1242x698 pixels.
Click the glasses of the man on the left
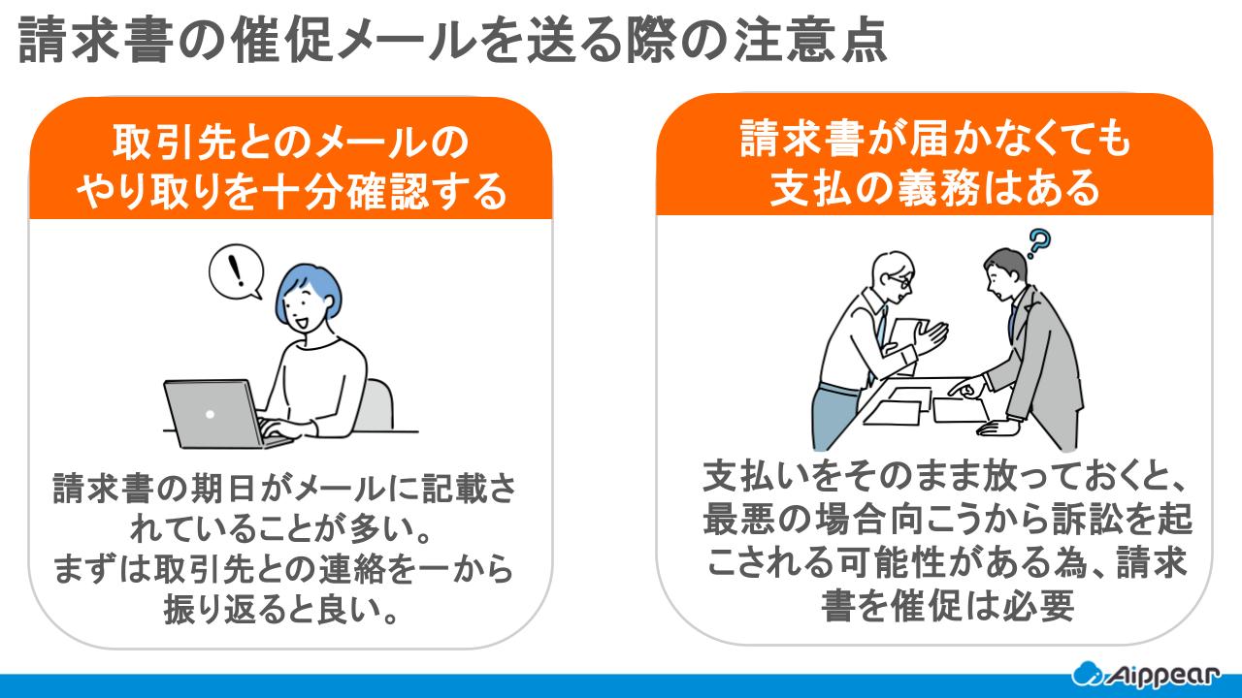898,281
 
